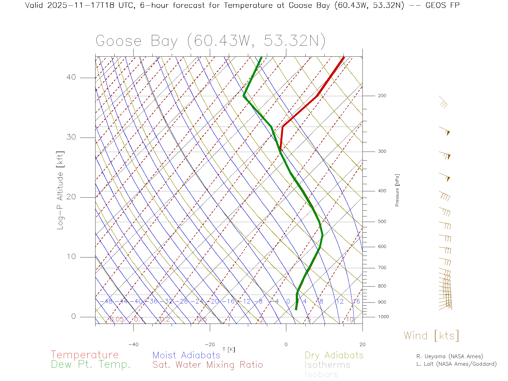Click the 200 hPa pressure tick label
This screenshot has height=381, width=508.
(382, 96)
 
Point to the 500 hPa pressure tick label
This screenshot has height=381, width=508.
(382, 222)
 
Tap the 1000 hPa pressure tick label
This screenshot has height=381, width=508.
(383, 317)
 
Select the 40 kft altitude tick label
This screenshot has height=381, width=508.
(71, 77)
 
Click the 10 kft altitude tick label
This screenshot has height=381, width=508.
(71, 257)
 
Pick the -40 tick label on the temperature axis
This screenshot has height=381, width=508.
(133, 344)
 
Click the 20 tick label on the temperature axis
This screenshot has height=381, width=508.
(362, 344)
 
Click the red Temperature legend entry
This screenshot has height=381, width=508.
(85, 355)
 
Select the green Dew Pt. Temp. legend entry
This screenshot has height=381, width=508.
(91, 365)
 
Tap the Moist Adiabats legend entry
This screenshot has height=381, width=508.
(186, 355)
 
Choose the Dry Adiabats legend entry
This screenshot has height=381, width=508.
(334, 355)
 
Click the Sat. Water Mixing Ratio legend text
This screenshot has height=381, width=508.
(207, 365)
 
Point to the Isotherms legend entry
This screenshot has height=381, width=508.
(327, 365)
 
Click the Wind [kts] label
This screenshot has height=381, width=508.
(431, 336)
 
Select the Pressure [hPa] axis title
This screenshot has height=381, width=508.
(397, 190)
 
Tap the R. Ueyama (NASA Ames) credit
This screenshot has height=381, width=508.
(450, 356)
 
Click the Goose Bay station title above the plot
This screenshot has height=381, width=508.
(210, 41)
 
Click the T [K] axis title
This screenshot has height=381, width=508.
(229, 350)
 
